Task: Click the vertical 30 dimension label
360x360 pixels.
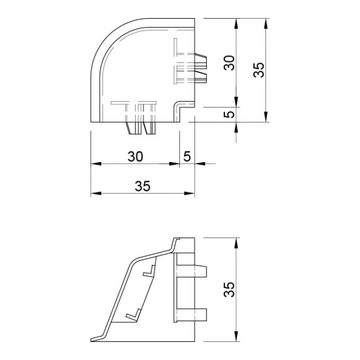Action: [229, 63]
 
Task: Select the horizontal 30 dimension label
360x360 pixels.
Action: [135, 156]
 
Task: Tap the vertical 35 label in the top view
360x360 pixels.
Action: [259, 70]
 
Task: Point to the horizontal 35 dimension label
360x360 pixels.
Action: [143, 186]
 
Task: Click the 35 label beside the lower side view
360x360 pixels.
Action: [230, 289]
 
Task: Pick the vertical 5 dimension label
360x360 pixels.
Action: [230, 114]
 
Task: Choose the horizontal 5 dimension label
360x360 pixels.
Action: [187, 156]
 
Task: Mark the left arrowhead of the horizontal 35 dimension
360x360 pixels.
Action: [96, 193]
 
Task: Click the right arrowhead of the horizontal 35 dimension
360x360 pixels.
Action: [190, 193]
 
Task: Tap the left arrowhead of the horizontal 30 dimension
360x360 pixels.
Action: [96, 163]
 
